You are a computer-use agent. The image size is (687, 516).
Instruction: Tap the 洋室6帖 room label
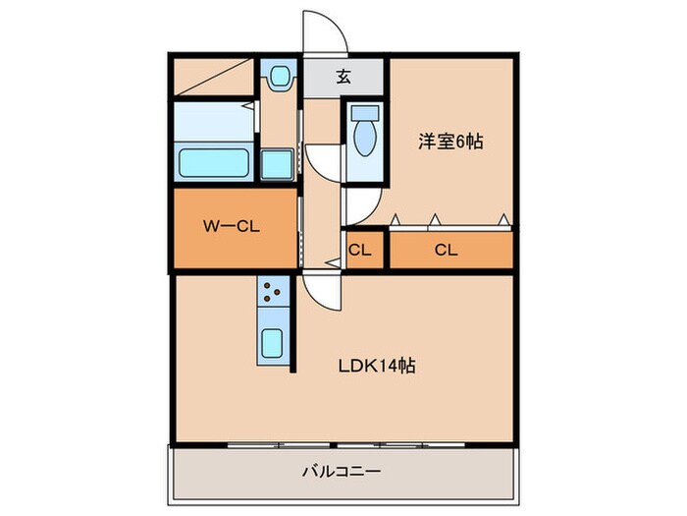450,142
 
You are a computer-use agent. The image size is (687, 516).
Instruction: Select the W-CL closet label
231,226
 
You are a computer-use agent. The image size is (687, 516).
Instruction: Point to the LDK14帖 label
377,366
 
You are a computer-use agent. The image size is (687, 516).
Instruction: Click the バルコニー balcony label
341,473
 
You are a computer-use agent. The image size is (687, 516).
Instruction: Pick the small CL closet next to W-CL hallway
360,250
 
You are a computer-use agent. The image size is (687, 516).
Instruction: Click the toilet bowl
364,141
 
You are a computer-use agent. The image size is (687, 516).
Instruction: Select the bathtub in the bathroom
213,161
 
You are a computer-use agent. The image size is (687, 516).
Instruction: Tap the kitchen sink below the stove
274,345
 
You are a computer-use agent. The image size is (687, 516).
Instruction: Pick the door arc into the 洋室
357,205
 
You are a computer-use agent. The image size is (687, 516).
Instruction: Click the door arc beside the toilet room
324,162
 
